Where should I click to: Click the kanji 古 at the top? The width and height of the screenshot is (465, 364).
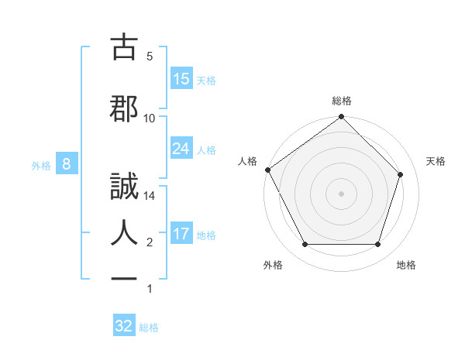(x=125, y=49)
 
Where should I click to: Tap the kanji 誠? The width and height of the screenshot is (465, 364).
(x=125, y=188)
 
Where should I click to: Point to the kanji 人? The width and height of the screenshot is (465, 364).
(x=125, y=231)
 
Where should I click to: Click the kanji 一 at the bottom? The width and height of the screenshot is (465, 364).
(x=125, y=280)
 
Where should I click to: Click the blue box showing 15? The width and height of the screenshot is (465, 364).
(x=181, y=79)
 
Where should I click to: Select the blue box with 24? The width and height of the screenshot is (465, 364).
(x=181, y=149)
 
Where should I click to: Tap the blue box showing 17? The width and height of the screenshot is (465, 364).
(x=181, y=235)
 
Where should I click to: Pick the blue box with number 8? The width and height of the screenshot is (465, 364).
(x=67, y=164)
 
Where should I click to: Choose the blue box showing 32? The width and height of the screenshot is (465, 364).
(x=124, y=326)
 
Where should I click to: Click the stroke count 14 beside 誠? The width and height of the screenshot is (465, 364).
(x=150, y=197)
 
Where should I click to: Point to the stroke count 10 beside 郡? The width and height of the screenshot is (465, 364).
(x=150, y=118)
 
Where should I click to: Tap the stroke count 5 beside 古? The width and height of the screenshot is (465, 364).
(x=150, y=57)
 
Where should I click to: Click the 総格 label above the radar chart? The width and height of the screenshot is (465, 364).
(x=342, y=101)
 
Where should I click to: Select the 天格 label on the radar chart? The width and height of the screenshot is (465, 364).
(x=436, y=161)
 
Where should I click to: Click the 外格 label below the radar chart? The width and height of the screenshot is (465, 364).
(x=273, y=265)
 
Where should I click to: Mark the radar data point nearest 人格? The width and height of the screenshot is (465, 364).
(x=268, y=170)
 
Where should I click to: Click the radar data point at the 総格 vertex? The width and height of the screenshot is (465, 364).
(x=342, y=118)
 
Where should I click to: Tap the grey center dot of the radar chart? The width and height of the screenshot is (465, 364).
(x=342, y=193)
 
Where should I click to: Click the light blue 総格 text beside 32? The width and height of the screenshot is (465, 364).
(x=149, y=327)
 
